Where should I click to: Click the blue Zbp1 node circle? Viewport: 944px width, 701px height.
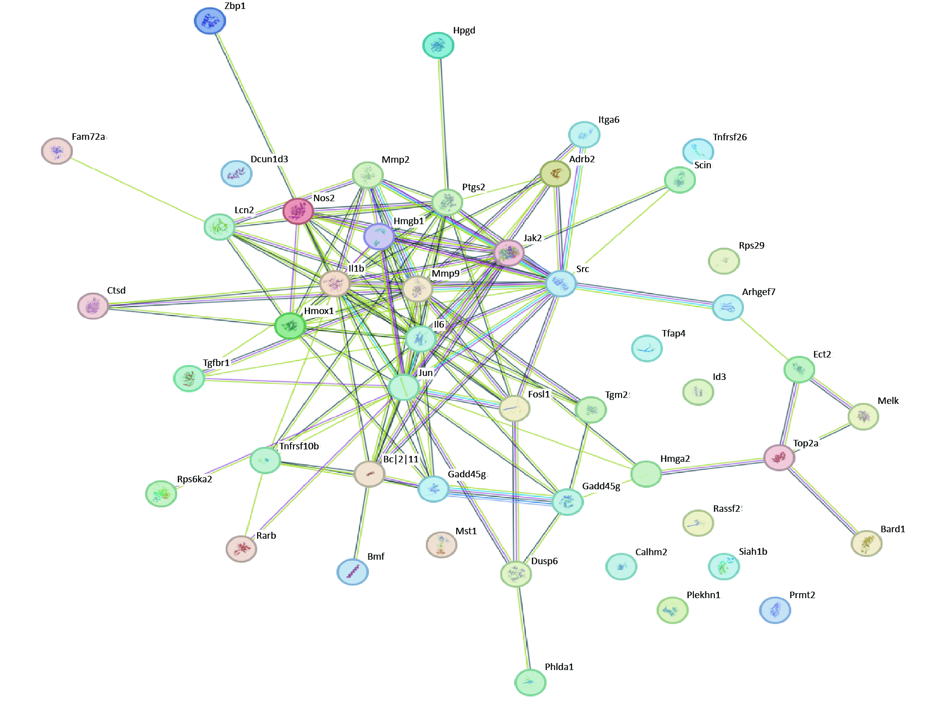click(x=210, y=21)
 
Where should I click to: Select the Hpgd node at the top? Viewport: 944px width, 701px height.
click(x=438, y=45)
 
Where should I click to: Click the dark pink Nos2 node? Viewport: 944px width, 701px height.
click(x=298, y=211)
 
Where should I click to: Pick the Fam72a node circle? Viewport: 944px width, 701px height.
click(x=57, y=151)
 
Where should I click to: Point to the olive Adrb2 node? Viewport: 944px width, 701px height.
click(x=555, y=174)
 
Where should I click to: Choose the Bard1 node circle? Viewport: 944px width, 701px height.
click(x=866, y=543)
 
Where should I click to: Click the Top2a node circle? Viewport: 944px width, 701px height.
click(x=779, y=457)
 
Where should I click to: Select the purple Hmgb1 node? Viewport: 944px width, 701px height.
click(x=379, y=236)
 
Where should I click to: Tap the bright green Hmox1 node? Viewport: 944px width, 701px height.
click(x=290, y=326)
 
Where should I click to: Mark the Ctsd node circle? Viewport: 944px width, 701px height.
click(x=93, y=306)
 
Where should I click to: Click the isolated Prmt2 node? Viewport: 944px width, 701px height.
click(x=775, y=610)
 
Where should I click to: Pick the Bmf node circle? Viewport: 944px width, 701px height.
click(x=352, y=572)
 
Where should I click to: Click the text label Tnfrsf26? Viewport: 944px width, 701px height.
click(x=730, y=137)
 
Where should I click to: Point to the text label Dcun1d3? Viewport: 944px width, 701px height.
click(x=270, y=159)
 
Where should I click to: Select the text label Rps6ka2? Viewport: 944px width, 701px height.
click(x=195, y=479)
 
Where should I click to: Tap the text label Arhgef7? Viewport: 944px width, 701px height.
click(x=759, y=292)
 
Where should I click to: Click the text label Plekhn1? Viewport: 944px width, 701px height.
click(x=703, y=595)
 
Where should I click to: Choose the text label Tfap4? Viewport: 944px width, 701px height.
click(x=673, y=334)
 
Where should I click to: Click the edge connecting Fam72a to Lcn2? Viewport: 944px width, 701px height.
click(x=138, y=189)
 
